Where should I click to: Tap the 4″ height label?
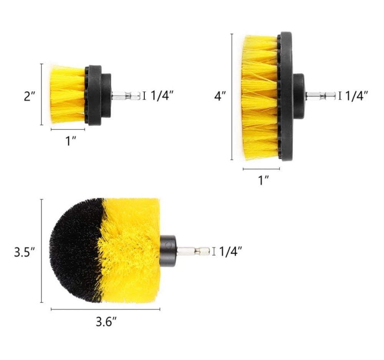click(220, 95)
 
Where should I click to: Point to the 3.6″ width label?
click(106, 322)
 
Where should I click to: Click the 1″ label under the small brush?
click(71, 141)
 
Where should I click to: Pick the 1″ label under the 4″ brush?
click(264, 180)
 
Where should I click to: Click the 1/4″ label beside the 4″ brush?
click(357, 96)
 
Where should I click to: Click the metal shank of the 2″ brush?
click(126, 96)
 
